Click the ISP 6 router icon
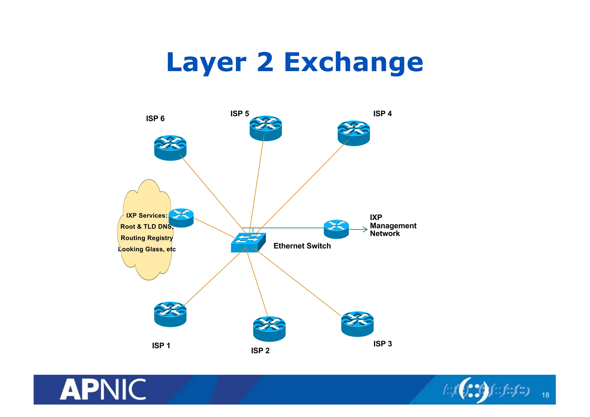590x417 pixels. coord(170,148)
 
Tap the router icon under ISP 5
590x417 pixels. coord(265,128)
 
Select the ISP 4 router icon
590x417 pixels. coord(353,133)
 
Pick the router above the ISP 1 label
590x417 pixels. coord(170,314)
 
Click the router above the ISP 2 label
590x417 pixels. coord(269,329)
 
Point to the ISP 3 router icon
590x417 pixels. coord(357,324)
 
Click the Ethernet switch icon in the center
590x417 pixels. coord(248,243)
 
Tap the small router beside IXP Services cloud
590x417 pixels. coord(181,218)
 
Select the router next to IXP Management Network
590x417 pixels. coord(336,229)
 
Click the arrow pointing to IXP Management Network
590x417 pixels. coord(359,230)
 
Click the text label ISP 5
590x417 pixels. coord(239,114)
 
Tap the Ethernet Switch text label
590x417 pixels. coord(302,246)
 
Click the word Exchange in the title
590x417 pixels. coord(353,63)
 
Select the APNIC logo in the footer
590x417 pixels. coord(103,389)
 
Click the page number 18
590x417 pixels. coord(545,395)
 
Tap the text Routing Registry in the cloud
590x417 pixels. coord(147,238)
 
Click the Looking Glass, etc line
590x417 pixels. coord(147,249)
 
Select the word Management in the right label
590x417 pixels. coord(393,226)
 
